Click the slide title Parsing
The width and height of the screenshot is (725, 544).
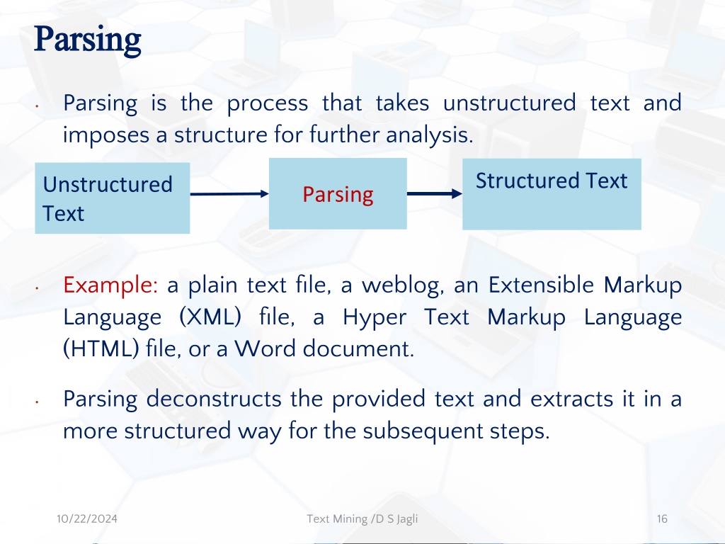pos(87,40)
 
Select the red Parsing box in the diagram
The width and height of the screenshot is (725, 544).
pos(338,193)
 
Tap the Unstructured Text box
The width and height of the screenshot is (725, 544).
pos(113,198)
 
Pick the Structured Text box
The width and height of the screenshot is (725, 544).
pos(552,194)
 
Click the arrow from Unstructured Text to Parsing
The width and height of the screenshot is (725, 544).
pos(229,193)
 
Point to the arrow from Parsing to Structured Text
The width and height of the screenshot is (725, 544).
pos(435,193)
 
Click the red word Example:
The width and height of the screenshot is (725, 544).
pos(110,285)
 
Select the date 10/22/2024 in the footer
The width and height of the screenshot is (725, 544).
pos(87,518)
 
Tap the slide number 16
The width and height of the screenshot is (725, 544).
pos(662,518)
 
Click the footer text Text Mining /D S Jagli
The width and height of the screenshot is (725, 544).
pos(362,519)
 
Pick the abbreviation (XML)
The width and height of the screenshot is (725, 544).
pos(210,317)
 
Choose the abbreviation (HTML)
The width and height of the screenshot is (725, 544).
pos(101,348)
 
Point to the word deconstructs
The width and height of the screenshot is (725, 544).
pos(214,399)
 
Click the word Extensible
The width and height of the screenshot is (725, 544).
pos(541,285)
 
